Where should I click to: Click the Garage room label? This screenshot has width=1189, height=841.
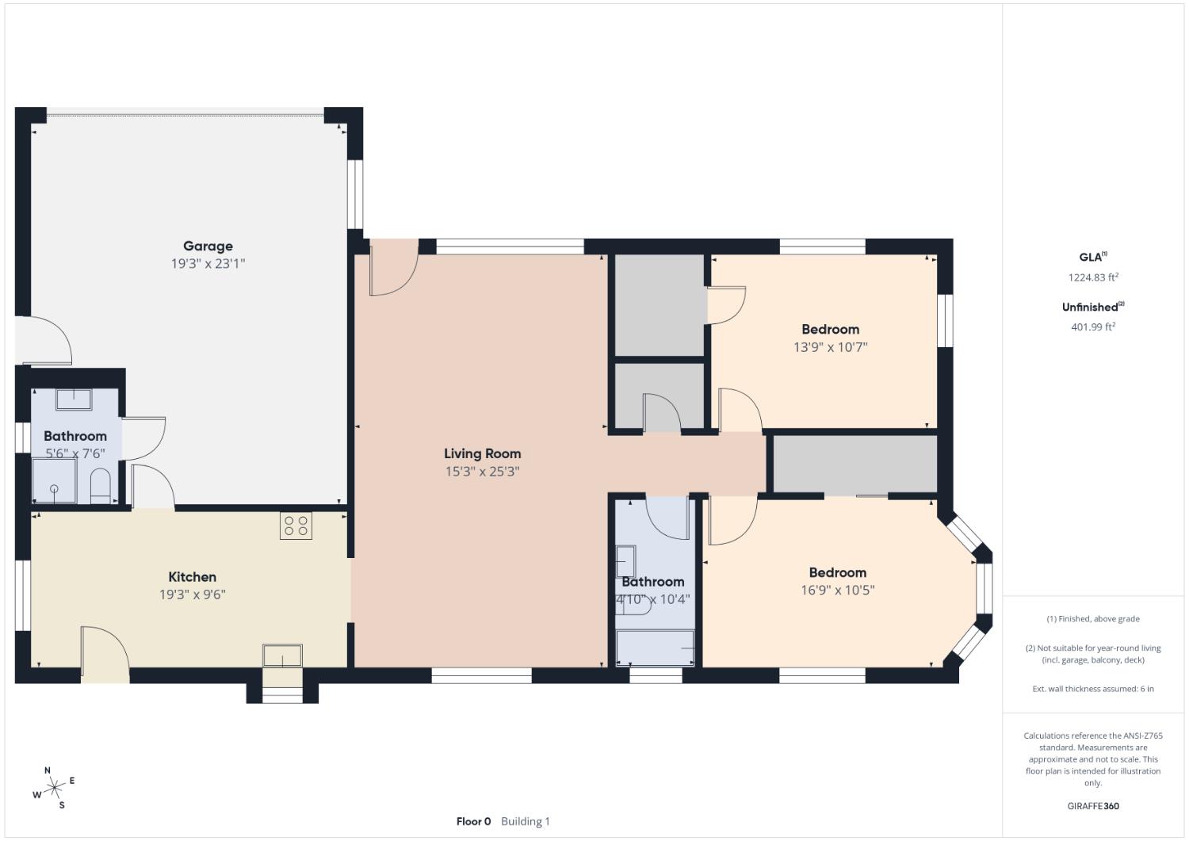[x=208, y=246]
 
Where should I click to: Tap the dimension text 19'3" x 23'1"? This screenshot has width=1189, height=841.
[x=208, y=264]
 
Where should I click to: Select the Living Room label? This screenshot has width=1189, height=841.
[x=482, y=453]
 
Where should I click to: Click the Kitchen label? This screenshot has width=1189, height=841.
[x=192, y=577]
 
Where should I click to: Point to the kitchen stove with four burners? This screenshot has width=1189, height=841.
[x=296, y=526]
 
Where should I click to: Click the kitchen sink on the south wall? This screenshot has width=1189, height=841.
[x=282, y=656]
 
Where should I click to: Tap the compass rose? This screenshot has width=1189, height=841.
[x=54, y=787]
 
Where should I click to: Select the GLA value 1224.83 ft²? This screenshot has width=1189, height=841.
[x=1093, y=277]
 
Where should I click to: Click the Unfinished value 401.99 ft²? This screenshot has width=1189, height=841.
[x=1093, y=327]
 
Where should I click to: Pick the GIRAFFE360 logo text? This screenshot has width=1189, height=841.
[x=1093, y=806]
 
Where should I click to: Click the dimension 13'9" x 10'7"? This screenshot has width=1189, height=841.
[x=830, y=347]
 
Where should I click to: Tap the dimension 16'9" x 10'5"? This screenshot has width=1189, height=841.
[x=837, y=591]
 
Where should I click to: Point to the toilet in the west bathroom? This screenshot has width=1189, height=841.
[x=101, y=486]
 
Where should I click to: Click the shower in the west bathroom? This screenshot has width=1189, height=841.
[x=54, y=484]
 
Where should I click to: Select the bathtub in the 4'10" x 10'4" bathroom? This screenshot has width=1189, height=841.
[x=656, y=648]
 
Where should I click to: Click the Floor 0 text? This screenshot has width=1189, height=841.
[x=473, y=821]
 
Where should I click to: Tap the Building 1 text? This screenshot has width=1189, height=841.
[x=525, y=821]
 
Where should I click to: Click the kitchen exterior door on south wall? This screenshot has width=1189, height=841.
[x=105, y=656]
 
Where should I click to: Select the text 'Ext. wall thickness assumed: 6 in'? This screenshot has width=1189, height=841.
[x=1093, y=689]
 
